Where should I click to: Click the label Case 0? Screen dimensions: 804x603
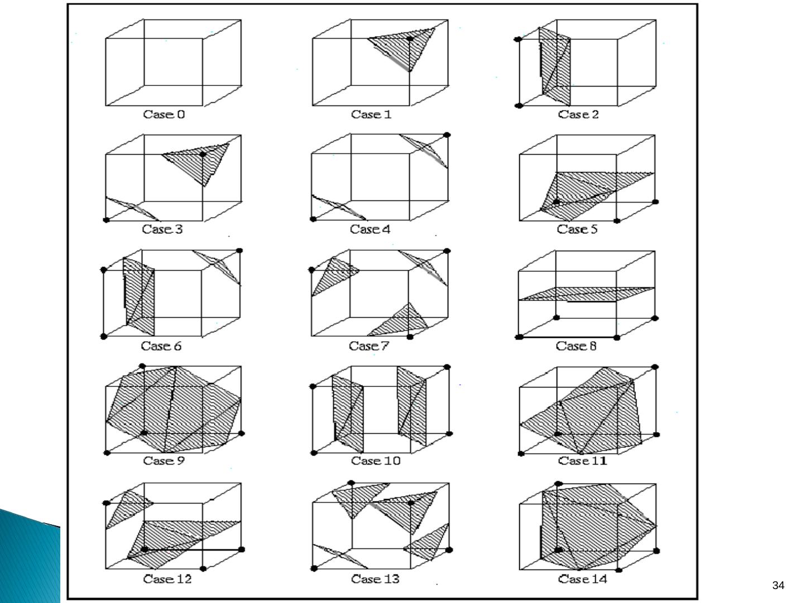point(164,114)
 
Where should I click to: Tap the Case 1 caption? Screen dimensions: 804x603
point(371,114)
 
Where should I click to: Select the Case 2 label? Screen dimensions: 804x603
point(578,114)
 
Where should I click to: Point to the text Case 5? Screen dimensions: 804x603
point(578,229)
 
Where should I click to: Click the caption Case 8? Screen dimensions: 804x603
point(576,346)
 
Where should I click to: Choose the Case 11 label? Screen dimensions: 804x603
point(582,461)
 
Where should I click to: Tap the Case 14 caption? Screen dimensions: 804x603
point(582,579)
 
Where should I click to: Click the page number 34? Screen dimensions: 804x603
point(778,585)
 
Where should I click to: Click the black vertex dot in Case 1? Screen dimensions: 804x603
point(410,39)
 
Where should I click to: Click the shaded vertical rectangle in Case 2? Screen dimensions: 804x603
point(556,67)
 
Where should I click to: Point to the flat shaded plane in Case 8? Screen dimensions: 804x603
point(586,294)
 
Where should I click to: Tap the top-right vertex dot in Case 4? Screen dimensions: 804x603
point(447,135)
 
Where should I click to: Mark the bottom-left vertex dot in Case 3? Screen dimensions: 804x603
point(107,220)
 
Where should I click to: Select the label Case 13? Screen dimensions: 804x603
point(375,579)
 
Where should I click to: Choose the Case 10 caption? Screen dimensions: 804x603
point(376,461)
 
